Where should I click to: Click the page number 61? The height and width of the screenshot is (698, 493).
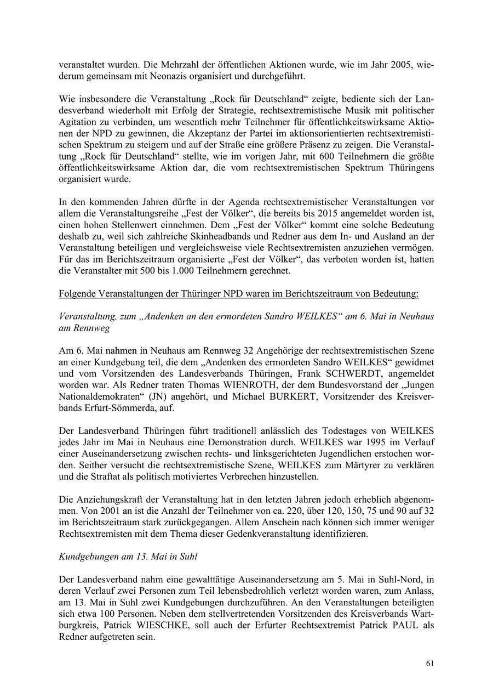[430, 663]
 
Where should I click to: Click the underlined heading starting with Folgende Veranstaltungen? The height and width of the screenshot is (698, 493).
[238, 294]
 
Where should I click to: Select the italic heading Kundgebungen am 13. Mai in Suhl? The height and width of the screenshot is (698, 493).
[128, 556]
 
